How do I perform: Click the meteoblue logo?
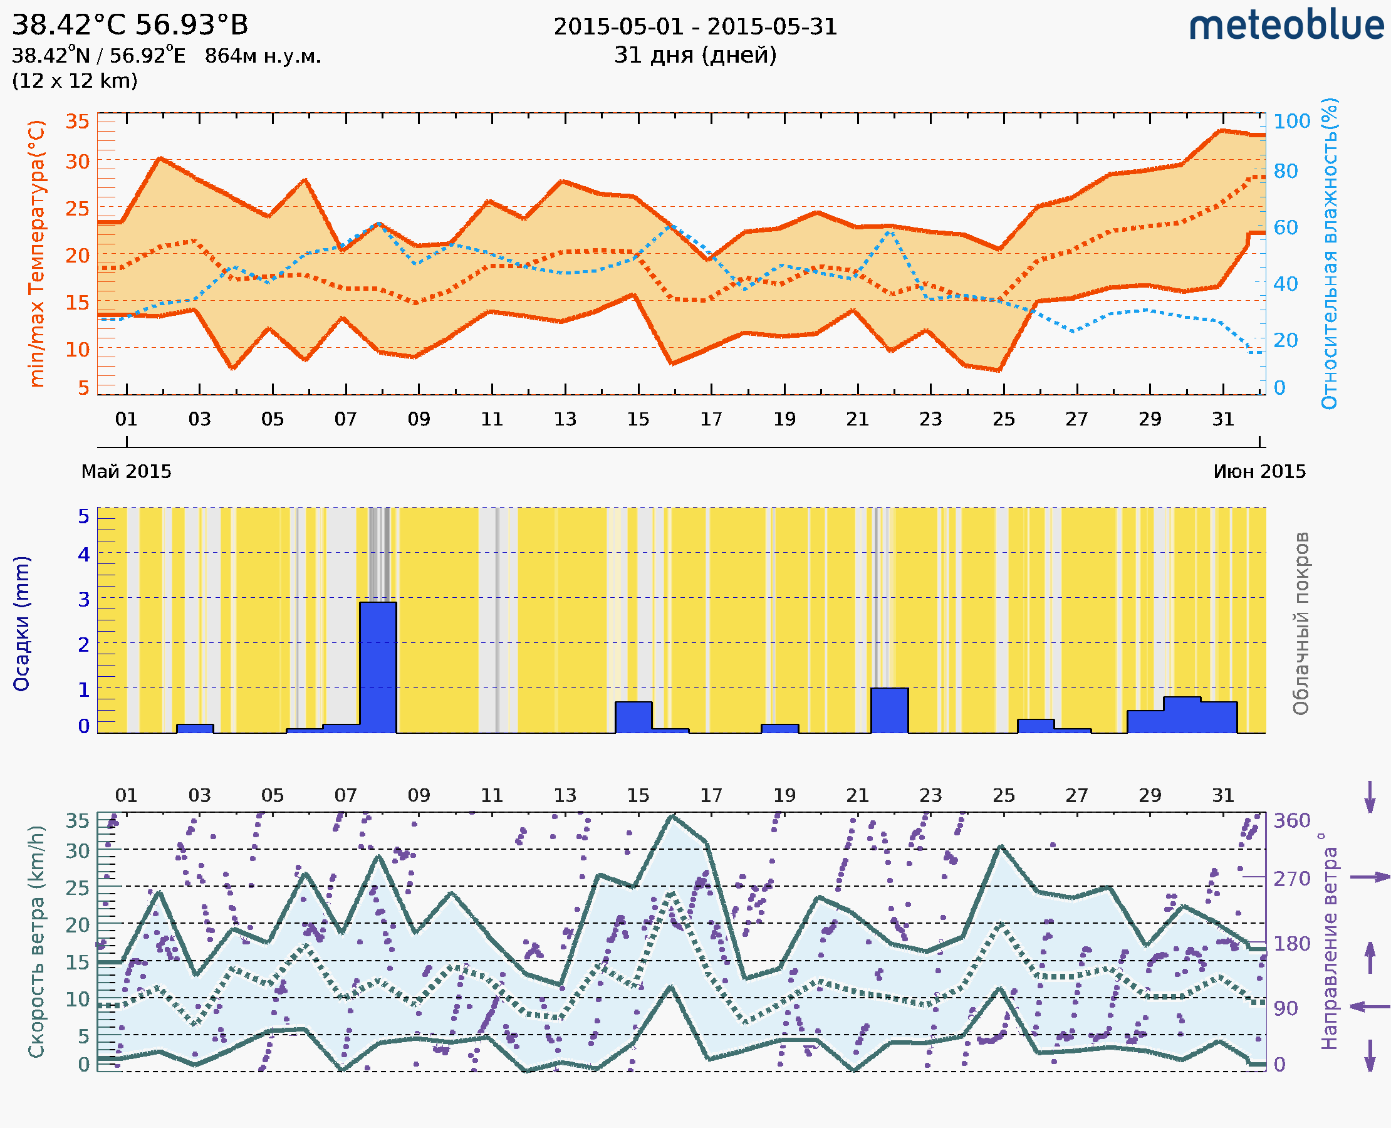[x=1286, y=26]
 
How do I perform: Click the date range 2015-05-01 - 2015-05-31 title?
[x=695, y=27]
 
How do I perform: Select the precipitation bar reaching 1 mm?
[x=888, y=710]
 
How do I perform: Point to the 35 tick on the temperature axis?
[x=77, y=122]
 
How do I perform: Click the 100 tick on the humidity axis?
[x=1291, y=122]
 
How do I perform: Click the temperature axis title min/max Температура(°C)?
[x=36, y=253]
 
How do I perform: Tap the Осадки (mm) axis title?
[x=21, y=624]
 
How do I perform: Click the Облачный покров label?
[x=1300, y=624]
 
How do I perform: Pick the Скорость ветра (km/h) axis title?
[x=36, y=942]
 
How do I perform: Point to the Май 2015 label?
[x=126, y=472]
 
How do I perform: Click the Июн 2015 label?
[x=1259, y=472]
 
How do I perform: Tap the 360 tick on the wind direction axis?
[x=1291, y=821]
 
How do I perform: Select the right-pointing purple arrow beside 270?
[x=1370, y=877]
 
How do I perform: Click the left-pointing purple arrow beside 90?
[x=1370, y=1007]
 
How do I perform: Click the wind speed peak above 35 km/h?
[x=673, y=817]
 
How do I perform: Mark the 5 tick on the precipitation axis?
[x=84, y=516]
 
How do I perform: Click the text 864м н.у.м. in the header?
[x=263, y=56]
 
